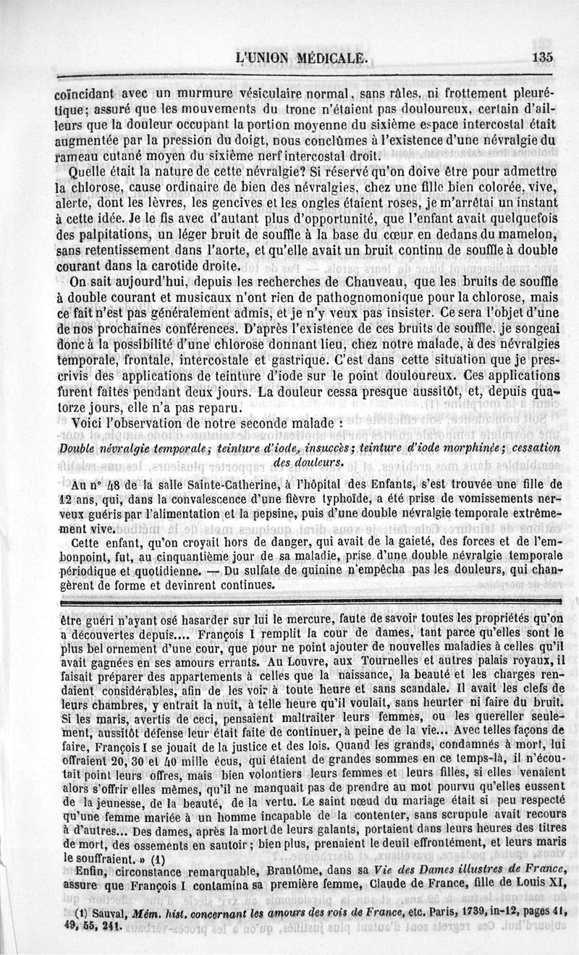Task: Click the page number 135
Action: click(541, 59)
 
